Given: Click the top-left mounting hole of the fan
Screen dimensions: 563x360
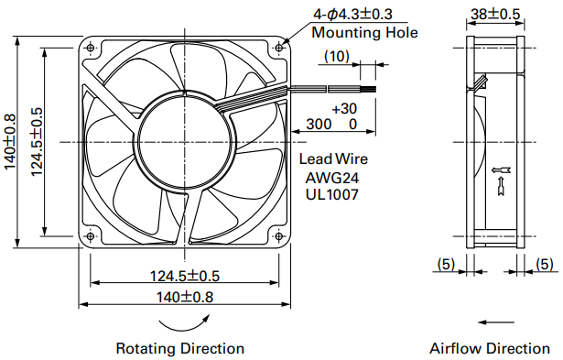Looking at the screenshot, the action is [90, 48].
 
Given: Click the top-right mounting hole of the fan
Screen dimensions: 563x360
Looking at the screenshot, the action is [279, 48].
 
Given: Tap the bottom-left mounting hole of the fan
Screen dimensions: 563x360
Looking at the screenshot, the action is [90, 236].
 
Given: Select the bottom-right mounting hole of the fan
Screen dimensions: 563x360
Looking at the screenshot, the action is [279, 236].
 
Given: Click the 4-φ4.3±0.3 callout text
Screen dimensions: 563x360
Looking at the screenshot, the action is [353, 14].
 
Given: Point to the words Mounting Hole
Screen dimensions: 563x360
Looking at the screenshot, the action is [364, 32].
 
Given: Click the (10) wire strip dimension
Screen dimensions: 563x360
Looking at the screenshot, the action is [337, 56].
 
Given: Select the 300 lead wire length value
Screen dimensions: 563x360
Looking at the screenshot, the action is [319, 124].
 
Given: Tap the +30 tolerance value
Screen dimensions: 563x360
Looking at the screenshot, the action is [344, 108].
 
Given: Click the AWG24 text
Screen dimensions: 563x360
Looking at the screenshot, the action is [332, 178].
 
